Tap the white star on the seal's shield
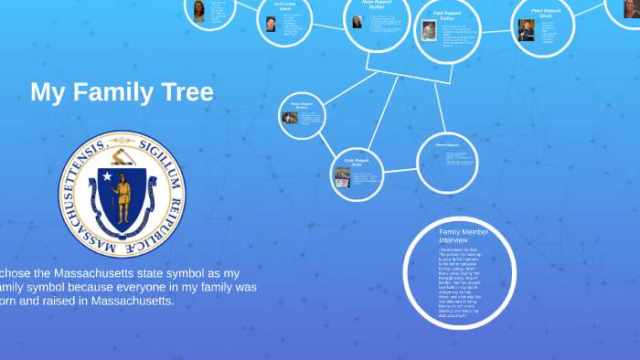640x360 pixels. click(107, 176)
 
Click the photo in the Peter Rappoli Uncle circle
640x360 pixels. click(526, 30)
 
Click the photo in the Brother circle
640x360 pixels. click(290, 117)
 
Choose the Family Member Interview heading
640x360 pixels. click(457, 237)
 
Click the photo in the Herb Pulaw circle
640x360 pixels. click(272, 24)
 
